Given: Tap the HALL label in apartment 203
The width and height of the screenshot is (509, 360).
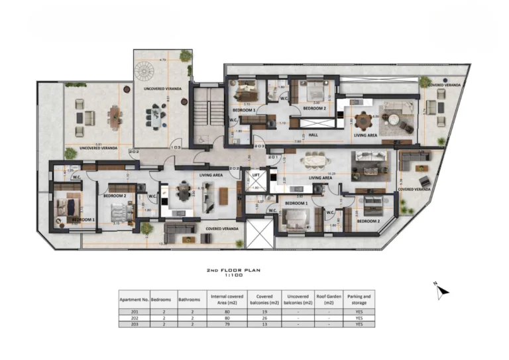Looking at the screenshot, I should pos(313,135).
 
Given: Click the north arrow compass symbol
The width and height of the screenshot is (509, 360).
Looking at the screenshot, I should pos(442,290).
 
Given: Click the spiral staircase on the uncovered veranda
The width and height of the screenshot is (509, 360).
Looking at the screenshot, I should pos(144,70).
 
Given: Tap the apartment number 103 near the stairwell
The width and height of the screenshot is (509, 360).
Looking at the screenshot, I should pos(176,146).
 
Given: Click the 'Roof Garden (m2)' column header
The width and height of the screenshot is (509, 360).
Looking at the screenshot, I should pos(329,300).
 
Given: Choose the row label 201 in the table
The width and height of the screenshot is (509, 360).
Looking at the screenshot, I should pos(134,312).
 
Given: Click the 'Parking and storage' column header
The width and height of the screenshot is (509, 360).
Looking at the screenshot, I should pos(359,300).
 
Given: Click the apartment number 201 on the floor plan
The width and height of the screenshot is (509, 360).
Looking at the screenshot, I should pos(272,157).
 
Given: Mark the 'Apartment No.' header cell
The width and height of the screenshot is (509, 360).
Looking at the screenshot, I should pos(134,300).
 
